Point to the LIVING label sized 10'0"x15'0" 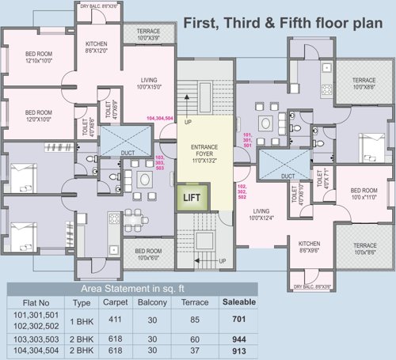147,81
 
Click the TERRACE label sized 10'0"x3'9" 147,34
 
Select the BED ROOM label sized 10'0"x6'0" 148,253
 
